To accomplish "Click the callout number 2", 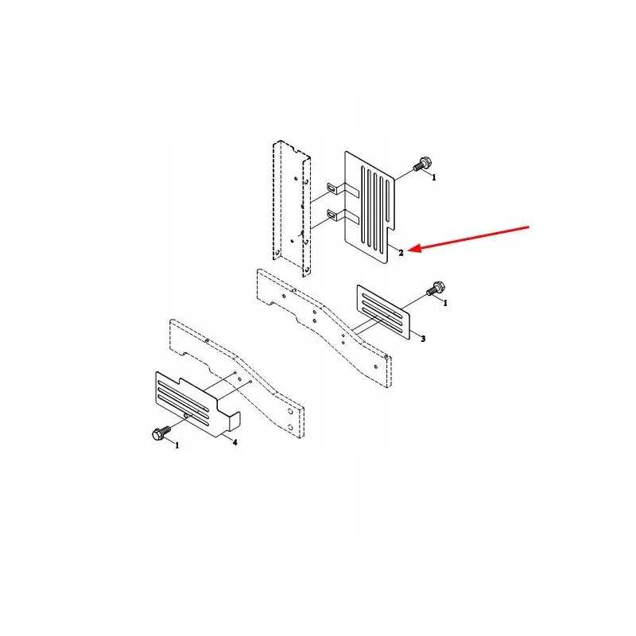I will [x=401, y=253].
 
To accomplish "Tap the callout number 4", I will [x=235, y=442].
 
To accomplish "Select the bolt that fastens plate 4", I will [x=157, y=435].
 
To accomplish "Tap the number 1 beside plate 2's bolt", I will [x=434, y=178].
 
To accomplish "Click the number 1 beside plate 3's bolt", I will [x=445, y=303].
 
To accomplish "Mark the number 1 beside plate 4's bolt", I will [x=176, y=446].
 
